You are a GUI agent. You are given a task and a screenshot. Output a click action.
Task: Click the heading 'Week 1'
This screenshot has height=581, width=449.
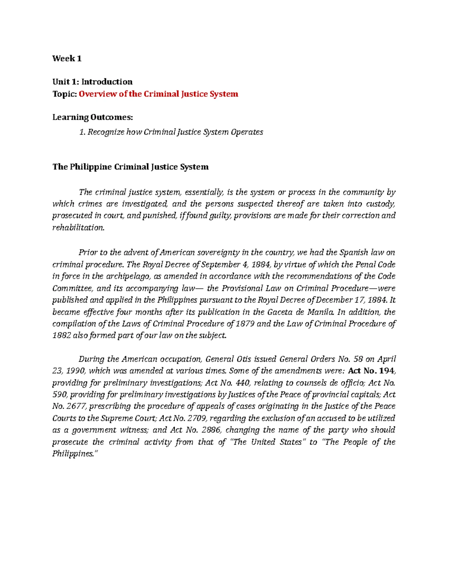coord(67,58)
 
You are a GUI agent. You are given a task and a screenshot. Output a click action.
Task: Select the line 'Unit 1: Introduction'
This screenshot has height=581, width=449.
coord(92,82)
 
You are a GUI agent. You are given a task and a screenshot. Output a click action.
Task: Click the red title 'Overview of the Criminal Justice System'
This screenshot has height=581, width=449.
coord(158,94)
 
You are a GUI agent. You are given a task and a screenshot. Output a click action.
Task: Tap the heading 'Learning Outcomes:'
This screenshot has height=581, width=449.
coord(92,117)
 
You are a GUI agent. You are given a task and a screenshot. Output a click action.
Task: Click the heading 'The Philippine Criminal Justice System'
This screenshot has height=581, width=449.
coord(130,166)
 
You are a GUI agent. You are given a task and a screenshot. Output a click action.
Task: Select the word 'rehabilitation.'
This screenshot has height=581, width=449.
coord(78,227)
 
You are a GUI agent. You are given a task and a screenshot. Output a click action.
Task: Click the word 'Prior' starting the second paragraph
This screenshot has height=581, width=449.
coord(88,252)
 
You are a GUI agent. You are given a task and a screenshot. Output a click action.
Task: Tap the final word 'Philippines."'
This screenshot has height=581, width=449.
coord(75,453)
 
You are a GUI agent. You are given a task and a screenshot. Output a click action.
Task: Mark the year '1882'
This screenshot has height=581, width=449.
coord(61,335)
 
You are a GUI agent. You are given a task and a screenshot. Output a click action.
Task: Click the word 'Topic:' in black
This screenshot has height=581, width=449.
coord(64,94)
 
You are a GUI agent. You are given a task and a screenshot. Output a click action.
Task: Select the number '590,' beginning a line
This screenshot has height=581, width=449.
coord(60,394)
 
